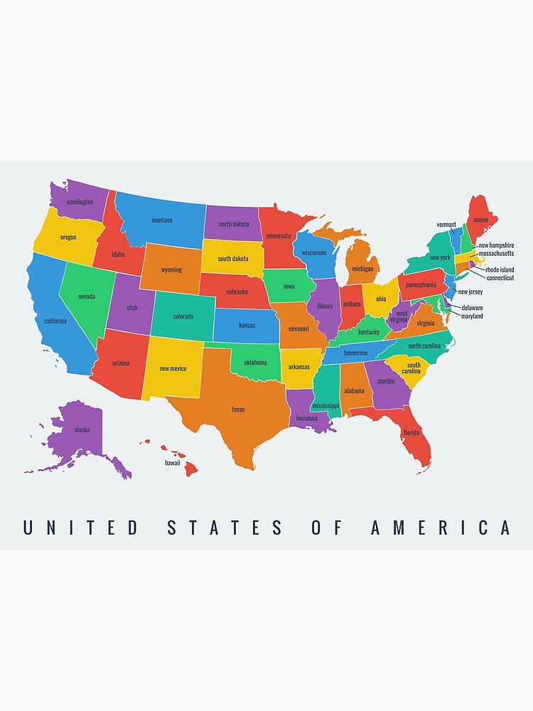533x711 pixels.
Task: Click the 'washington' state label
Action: click(x=80, y=201)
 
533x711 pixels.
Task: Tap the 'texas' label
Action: click(x=238, y=409)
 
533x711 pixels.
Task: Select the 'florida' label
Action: click(x=411, y=432)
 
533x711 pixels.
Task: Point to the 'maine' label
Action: click(x=481, y=220)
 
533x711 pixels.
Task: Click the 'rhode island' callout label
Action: click(x=500, y=269)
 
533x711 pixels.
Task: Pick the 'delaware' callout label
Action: click(x=472, y=308)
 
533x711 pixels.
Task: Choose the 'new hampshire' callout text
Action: click(x=496, y=245)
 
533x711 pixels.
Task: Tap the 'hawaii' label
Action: click(x=173, y=463)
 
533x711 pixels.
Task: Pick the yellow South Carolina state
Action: click(x=413, y=368)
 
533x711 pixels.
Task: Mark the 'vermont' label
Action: click(x=446, y=225)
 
